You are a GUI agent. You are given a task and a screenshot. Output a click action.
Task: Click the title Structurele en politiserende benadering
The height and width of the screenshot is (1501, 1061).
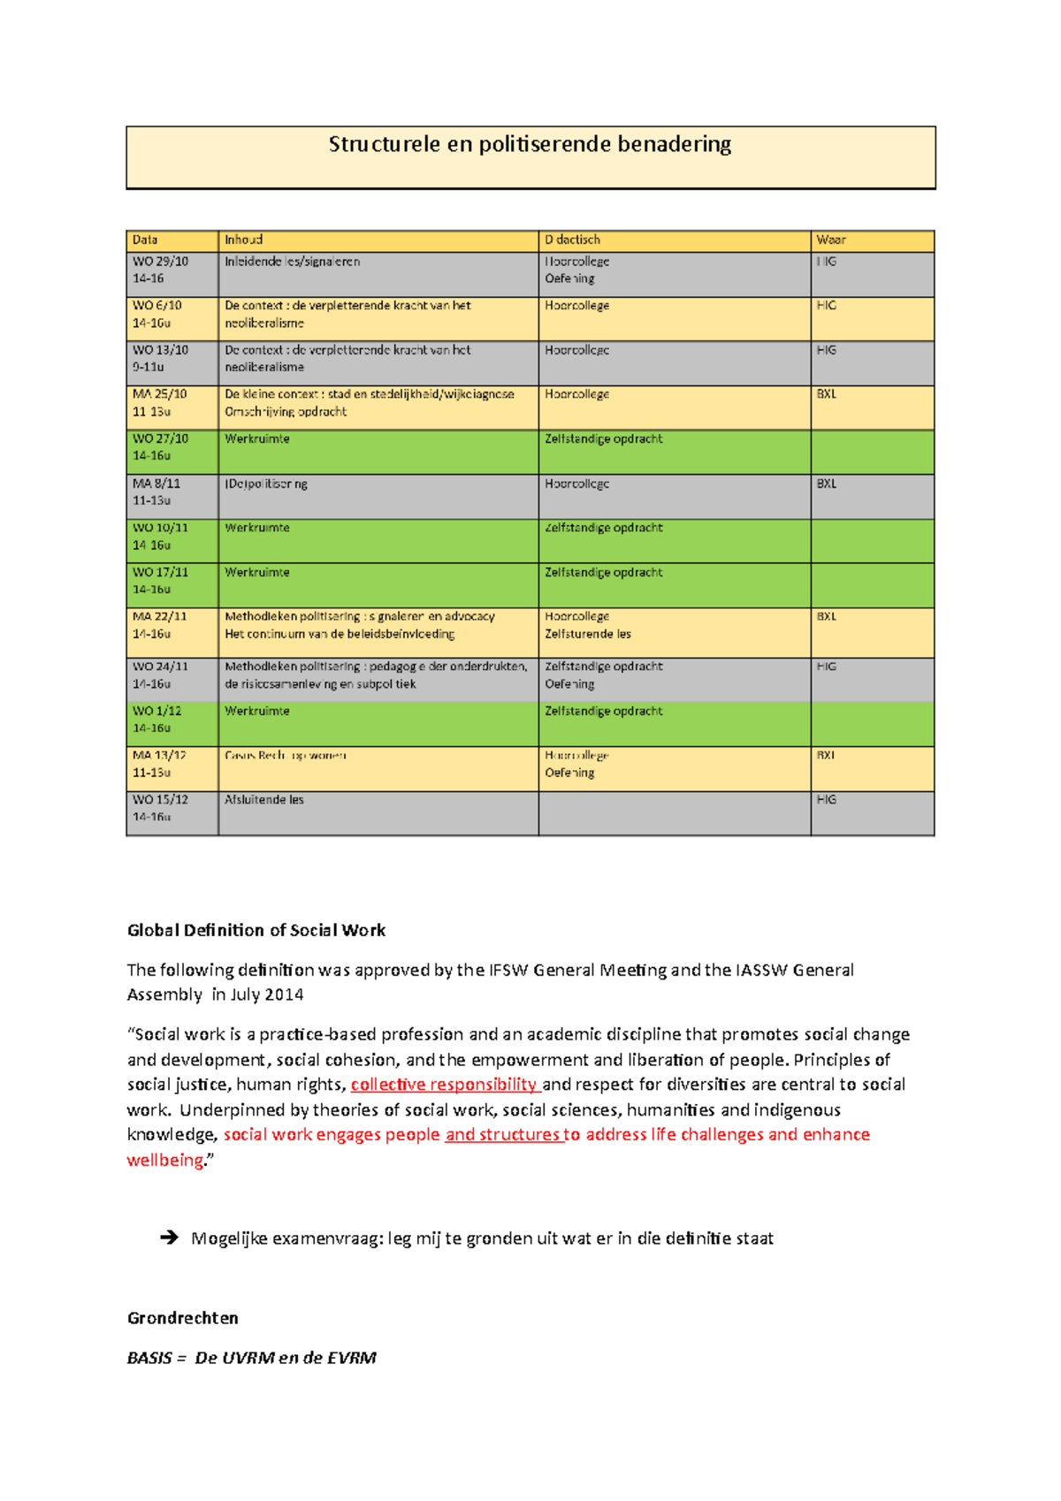tap(530, 144)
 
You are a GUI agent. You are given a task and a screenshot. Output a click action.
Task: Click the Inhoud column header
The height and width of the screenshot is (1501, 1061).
tap(243, 240)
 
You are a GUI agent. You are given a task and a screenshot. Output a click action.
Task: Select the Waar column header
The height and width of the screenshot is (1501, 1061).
tap(830, 240)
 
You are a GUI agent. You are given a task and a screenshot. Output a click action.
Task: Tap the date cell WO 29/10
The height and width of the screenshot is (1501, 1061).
tap(160, 262)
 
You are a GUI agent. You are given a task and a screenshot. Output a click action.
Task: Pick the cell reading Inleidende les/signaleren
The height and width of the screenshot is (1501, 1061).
tap(292, 262)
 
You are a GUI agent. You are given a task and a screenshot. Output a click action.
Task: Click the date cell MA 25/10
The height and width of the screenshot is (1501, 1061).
tap(160, 394)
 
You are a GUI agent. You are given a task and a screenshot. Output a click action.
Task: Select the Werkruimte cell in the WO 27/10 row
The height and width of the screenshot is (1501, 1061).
tap(257, 438)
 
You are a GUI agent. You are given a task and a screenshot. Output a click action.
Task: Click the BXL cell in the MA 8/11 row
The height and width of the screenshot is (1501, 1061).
tap(826, 484)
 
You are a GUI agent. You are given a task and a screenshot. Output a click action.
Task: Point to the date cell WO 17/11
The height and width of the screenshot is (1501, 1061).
tap(160, 572)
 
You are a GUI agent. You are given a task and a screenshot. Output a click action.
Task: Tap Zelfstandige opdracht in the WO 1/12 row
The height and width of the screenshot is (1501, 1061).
tap(603, 711)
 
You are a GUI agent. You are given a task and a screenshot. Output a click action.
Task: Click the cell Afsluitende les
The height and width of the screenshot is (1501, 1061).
tap(263, 799)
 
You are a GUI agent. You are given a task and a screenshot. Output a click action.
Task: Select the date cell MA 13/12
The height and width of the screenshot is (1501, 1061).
tap(160, 755)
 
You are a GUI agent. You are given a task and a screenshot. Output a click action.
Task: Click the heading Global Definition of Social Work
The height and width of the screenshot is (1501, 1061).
tap(256, 930)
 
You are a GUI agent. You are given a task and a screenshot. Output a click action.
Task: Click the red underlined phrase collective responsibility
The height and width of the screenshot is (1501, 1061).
tap(444, 1085)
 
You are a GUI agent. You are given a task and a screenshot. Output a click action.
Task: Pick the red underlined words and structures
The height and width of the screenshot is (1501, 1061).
tap(502, 1134)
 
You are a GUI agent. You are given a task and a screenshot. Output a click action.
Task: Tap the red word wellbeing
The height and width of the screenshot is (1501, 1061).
tap(165, 1160)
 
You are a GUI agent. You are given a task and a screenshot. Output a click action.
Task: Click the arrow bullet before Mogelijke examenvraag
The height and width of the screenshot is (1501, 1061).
tap(169, 1238)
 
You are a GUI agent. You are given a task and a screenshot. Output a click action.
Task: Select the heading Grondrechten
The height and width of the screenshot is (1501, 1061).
tap(182, 1318)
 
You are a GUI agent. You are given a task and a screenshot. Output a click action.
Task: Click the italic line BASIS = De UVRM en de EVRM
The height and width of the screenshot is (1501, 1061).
tap(251, 1358)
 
